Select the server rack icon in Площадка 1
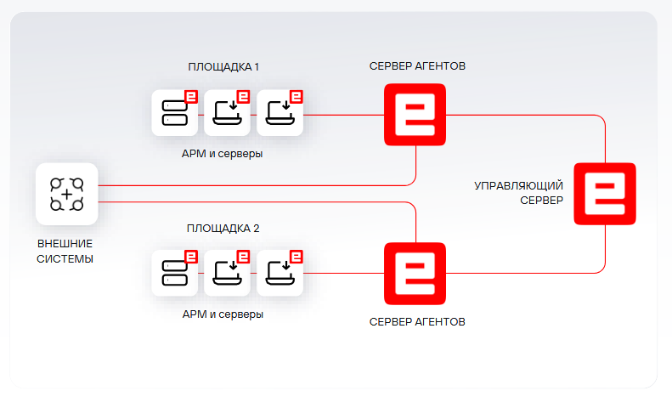(174, 112)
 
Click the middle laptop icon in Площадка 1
(227, 112)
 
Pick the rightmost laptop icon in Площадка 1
(280, 112)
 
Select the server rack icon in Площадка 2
(174, 273)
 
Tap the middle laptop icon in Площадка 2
(227, 273)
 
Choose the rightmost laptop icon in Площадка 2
(280, 273)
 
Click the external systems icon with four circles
(66, 194)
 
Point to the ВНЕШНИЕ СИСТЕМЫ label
(65, 251)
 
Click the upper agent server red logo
(415, 114)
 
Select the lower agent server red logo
(415, 273)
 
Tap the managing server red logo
(605, 193)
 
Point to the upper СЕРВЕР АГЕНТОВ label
(417, 65)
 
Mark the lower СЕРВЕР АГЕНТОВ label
(417, 322)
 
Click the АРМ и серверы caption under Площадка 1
(223, 154)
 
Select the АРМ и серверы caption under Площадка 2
(223, 314)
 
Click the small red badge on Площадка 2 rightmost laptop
(297, 256)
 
